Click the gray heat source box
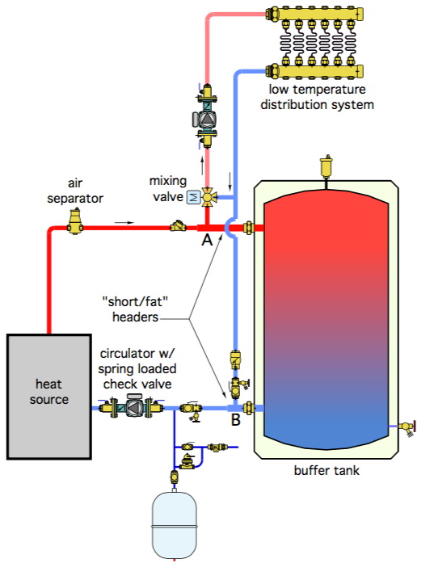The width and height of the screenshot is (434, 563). coord(48,397)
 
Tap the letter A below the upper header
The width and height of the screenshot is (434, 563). coord(207,239)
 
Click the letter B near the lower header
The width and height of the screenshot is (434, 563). coord(235,419)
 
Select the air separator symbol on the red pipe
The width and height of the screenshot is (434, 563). coord(75,222)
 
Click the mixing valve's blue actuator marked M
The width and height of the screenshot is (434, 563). coord(194,197)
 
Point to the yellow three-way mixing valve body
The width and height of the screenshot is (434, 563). coord(208,197)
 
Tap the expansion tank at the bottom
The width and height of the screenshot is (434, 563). coord(175,525)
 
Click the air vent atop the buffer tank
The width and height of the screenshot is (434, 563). coord(326,167)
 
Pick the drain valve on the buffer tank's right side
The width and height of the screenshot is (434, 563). coord(407,427)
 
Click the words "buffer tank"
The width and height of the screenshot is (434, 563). coord(327,470)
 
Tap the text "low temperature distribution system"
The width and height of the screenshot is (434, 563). coord(317,97)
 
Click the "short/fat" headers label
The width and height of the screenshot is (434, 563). coord(136,309)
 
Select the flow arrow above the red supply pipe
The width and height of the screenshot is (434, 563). coord(124,223)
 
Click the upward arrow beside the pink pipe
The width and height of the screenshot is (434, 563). coord(202,165)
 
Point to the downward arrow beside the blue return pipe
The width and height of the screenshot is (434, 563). coord(230,182)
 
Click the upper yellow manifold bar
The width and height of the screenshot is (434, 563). coord(315,14)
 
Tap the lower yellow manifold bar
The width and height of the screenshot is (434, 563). coord(315,71)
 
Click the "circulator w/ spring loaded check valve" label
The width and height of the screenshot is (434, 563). coord(137,369)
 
